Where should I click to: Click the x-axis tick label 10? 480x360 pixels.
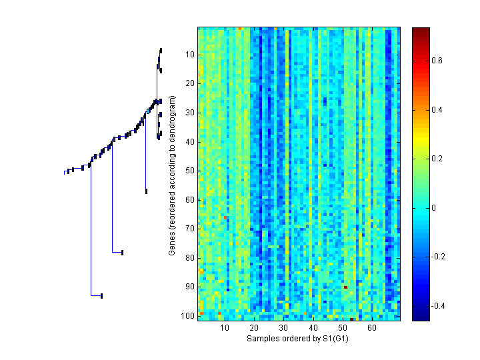225,329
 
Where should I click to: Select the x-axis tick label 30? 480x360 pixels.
283,329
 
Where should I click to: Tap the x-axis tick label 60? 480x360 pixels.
371,329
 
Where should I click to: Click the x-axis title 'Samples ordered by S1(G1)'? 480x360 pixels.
298,339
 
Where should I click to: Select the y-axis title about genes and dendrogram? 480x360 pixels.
172,175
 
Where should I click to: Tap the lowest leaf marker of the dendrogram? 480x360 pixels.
101,295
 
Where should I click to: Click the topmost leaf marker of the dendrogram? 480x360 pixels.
161,51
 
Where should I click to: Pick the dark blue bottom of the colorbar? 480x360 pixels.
421,318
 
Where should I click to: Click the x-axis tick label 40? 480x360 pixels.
313,329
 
